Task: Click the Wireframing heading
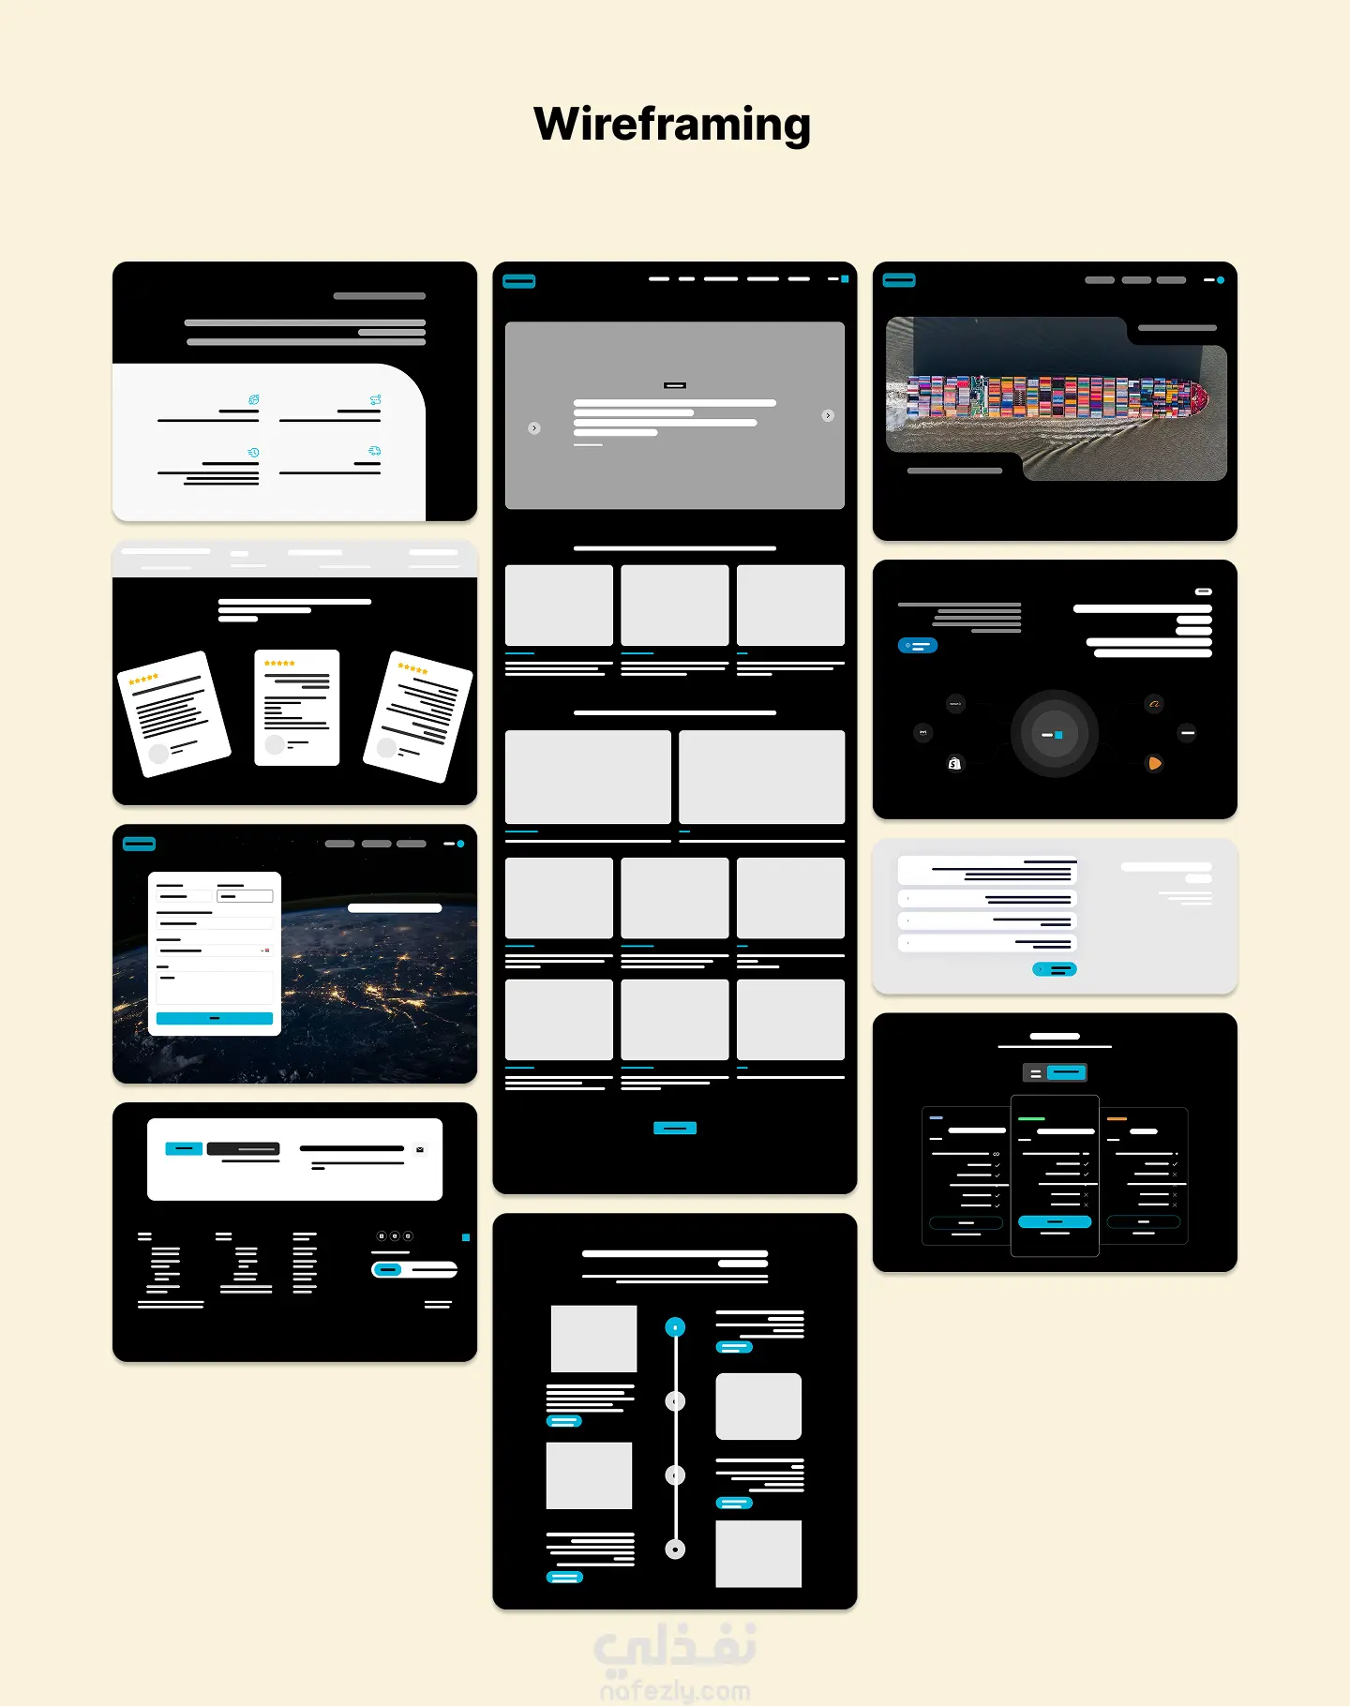pos(672,125)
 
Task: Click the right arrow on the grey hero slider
pos(828,415)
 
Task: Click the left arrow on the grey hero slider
pos(534,428)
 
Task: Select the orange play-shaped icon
pos(1155,764)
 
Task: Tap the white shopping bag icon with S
pos(954,764)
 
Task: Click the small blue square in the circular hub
pos(1058,735)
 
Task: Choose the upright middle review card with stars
pos(297,708)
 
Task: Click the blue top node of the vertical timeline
pos(675,1327)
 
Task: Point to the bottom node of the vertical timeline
pos(675,1549)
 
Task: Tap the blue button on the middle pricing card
pos(1055,1221)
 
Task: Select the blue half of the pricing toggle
pos(1066,1072)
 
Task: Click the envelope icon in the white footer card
pos(420,1149)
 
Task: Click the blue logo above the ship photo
pos(899,280)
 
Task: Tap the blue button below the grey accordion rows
pos(1055,969)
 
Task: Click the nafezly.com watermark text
pos(675,1691)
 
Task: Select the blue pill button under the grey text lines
pos(918,646)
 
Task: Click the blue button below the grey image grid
pos(675,1128)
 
